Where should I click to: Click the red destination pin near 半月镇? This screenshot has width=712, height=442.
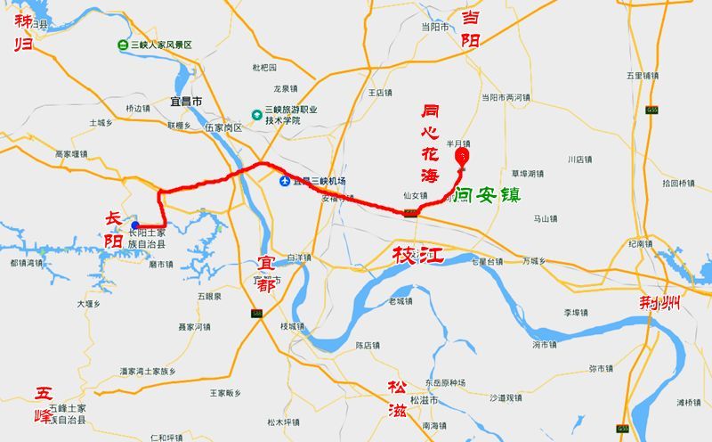point(462,156)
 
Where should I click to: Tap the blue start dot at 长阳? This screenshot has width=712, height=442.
point(134,225)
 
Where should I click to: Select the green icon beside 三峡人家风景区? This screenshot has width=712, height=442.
point(122,45)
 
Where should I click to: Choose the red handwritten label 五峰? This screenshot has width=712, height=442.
point(44,402)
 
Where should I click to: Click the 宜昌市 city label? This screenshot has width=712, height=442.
point(186,101)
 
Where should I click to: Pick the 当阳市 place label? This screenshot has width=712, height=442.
point(435,27)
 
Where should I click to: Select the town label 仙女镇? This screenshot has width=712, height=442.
point(416,196)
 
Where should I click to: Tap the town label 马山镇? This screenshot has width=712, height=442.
point(545,218)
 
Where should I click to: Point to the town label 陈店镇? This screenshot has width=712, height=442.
point(368,345)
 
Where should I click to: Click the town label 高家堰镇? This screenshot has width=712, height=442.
point(72,154)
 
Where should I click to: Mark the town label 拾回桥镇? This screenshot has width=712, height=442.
point(678,183)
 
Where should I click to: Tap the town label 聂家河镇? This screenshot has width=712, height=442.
point(194,327)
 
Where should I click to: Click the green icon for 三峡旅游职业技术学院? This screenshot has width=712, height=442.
point(256,114)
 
